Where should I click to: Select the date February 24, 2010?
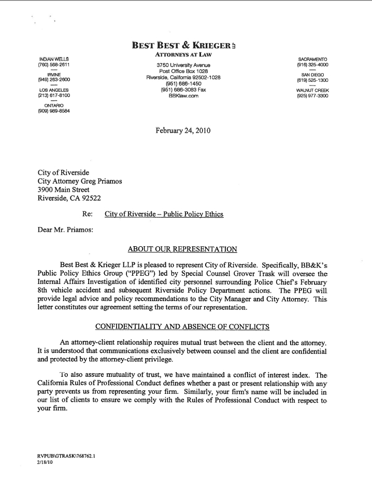click(183, 131)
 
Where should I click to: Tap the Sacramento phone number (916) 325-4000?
click(312, 65)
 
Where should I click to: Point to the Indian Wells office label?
click(54, 59)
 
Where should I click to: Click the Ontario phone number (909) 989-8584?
click(54, 111)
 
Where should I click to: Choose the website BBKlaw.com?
click(183, 96)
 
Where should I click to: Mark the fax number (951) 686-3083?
click(183, 90)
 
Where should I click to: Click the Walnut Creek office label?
click(312, 90)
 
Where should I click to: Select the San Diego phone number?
click(312, 80)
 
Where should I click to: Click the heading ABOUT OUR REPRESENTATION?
click(182, 249)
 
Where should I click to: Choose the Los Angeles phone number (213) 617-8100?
click(54, 95)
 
